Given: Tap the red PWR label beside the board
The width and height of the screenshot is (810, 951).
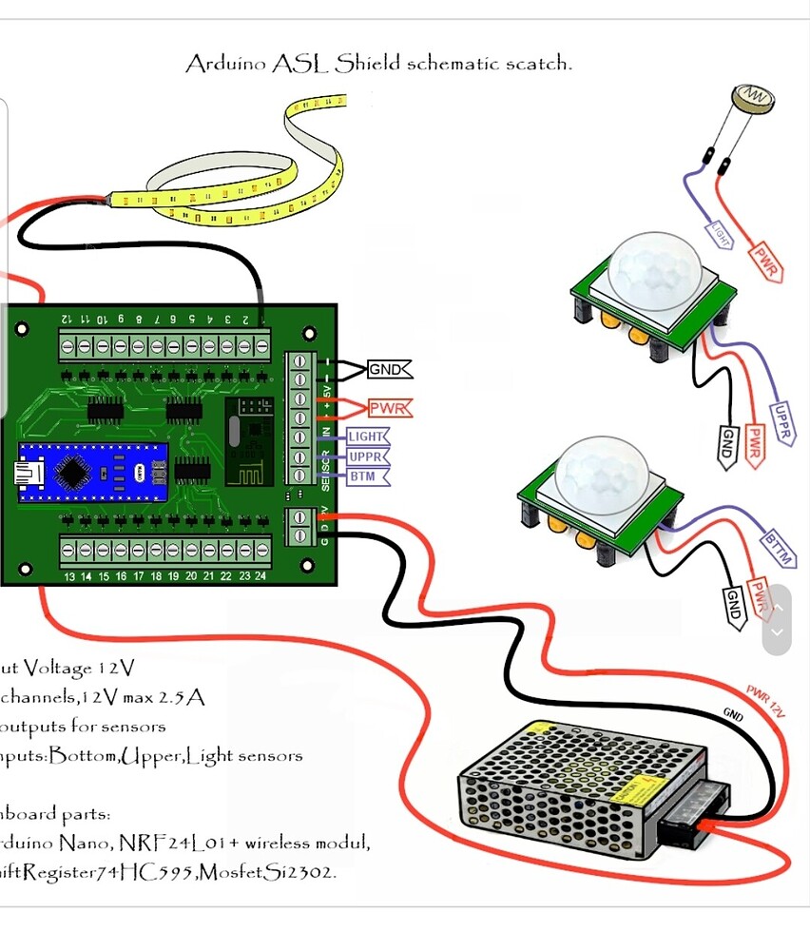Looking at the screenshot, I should click(x=388, y=409).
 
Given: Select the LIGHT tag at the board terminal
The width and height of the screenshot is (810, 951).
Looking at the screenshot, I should click(x=367, y=437).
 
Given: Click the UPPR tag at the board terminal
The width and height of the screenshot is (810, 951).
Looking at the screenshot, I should click(x=366, y=456).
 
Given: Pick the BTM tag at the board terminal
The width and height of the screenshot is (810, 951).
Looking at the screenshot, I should click(x=362, y=476).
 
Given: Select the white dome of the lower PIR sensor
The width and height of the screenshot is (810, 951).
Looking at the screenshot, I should click(x=601, y=473).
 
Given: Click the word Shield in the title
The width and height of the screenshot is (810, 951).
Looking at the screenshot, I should click(x=365, y=65).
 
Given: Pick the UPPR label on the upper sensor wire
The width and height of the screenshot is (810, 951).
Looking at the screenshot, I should click(x=782, y=423).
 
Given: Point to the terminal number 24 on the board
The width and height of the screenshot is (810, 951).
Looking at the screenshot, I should click(x=261, y=576).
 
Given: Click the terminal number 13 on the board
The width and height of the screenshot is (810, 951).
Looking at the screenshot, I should click(x=69, y=576).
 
